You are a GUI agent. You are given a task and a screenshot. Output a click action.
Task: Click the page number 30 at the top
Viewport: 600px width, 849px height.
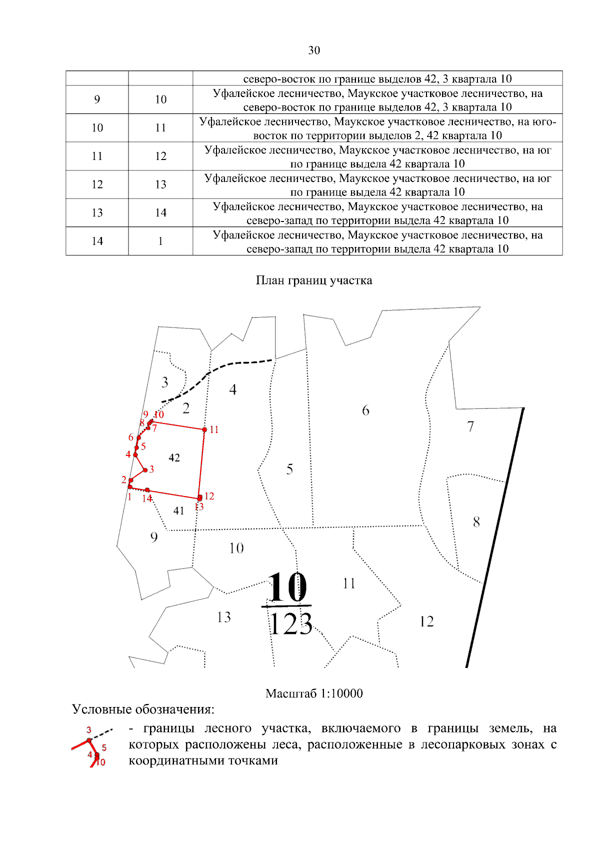(x=314, y=50)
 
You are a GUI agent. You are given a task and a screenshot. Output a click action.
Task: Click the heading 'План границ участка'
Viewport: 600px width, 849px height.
(x=314, y=280)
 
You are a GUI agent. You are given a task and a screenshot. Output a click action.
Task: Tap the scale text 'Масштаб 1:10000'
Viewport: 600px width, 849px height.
(x=314, y=693)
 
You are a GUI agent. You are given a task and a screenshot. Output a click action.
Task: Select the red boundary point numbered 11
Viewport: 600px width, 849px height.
(x=204, y=429)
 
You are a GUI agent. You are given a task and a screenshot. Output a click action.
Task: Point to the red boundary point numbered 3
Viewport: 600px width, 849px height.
(x=145, y=470)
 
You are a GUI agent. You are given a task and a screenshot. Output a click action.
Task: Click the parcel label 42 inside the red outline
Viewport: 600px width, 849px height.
(x=174, y=457)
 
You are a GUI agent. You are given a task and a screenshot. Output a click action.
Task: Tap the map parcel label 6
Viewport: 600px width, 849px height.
(x=365, y=410)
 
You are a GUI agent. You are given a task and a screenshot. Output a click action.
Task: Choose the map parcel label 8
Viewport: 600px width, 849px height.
(x=476, y=522)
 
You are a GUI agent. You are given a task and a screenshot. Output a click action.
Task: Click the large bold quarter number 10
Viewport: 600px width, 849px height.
(x=287, y=587)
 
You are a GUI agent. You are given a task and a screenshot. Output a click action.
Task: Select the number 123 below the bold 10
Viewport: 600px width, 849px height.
(x=291, y=624)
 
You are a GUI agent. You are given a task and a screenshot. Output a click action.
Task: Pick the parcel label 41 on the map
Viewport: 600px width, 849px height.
(x=178, y=510)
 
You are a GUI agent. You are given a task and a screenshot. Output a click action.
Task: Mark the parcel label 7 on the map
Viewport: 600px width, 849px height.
(x=470, y=426)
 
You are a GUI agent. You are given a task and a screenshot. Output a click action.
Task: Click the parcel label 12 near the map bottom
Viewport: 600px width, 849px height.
(x=426, y=621)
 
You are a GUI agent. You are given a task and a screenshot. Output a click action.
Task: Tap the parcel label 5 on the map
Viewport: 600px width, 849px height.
(x=289, y=469)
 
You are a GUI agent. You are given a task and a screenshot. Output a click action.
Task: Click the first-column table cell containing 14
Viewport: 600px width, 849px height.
(x=97, y=241)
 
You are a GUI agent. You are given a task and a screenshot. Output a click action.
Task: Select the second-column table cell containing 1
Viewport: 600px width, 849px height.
(x=160, y=241)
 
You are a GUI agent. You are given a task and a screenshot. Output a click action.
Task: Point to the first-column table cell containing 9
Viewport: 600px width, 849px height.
(x=97, y=99)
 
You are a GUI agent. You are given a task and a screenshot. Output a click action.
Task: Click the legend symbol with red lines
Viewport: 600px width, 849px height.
(x=92, y=746)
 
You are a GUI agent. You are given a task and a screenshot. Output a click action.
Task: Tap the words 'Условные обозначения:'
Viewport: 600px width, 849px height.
(x=143, y=709)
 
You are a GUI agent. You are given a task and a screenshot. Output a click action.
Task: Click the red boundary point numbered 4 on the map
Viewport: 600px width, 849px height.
(x=135, y=454)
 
